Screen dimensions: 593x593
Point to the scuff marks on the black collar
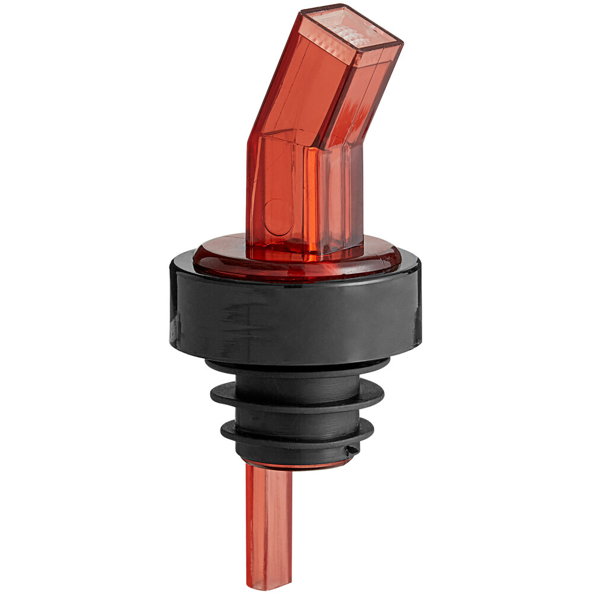click(249, 308)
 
